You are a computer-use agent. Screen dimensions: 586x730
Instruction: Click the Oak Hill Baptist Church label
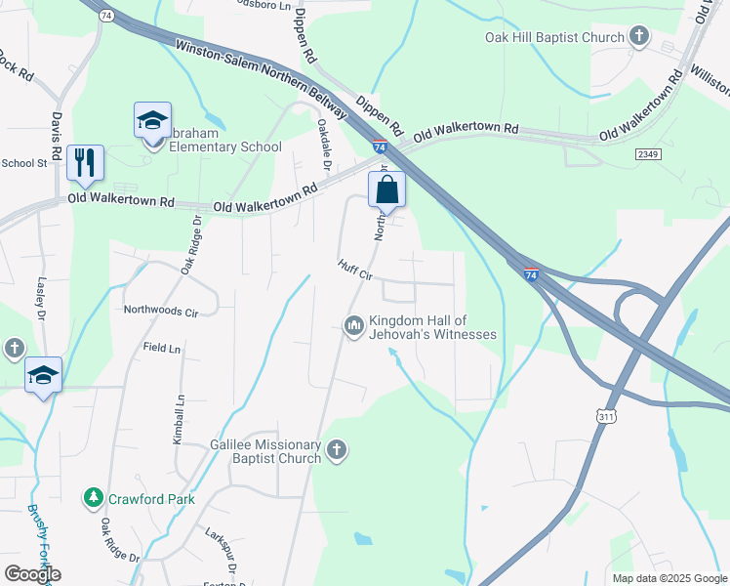554,38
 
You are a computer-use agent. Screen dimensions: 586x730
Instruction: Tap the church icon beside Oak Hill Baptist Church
639,38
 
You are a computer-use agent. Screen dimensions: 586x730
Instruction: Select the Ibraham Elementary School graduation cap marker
152,120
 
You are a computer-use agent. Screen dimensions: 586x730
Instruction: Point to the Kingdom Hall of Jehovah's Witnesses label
431,327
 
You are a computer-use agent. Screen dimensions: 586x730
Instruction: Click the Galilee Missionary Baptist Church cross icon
336,450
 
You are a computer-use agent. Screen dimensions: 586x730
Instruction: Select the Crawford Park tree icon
94,498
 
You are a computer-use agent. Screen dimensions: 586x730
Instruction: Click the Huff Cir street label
355,270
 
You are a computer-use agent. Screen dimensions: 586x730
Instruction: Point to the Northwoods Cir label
161,312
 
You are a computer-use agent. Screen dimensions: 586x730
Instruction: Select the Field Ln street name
162,348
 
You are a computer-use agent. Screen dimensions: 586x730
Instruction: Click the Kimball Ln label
179,421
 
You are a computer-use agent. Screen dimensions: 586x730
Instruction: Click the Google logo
32,574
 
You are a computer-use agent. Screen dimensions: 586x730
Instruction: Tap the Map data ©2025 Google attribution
669,578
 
